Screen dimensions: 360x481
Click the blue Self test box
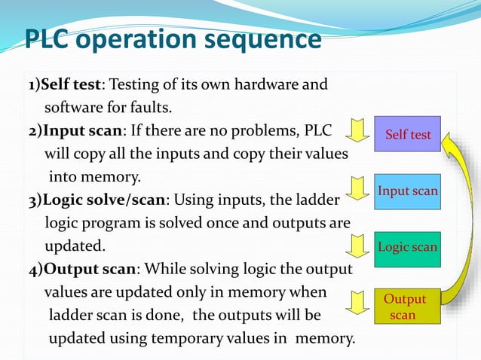click(408, 134)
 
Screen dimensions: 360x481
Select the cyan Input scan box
click(408, 191)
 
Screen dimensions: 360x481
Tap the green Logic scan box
click(408, 247)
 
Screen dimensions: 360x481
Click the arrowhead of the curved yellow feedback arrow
click(449, 139)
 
